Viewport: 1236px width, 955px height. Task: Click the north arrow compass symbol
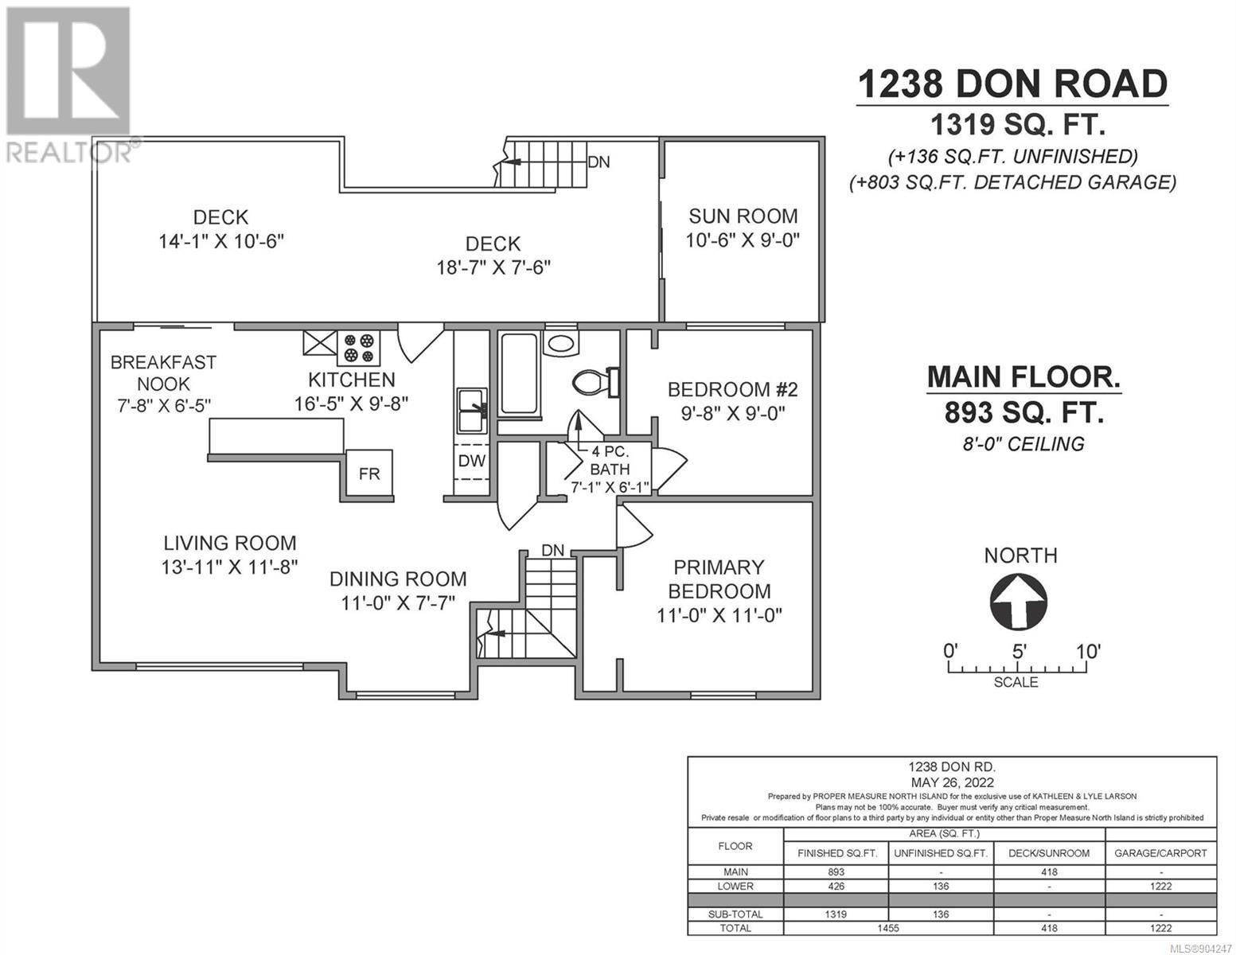tap(1018, 601)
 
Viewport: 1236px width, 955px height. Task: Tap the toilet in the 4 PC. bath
tap(595, 382)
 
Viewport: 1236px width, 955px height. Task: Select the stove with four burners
tap(359, 348)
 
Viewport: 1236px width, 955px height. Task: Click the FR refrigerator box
tap(368, 474)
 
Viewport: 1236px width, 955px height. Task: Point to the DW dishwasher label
tap(471, 461)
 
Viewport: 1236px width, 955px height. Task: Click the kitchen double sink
tap(472, 411)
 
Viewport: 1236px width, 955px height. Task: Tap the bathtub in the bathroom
tap(518, 373)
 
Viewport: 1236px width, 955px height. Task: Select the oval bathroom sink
tap(561, 343)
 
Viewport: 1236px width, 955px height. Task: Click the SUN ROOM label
tap(743, 216)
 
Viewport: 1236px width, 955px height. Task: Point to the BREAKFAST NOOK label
tap(163, 373)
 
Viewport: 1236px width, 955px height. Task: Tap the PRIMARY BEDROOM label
tap(719, 579)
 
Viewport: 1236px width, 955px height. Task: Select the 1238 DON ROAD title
tap(1012, 84)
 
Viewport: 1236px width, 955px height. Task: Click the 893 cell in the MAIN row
tap(836, 872)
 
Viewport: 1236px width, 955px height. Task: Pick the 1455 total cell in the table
tap(888, 928)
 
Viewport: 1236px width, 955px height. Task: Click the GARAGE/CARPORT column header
tap(1160, 853)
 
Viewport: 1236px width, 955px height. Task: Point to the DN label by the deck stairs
tap(599, 162)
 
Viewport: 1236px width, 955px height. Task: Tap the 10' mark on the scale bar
tap(1087, 651)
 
